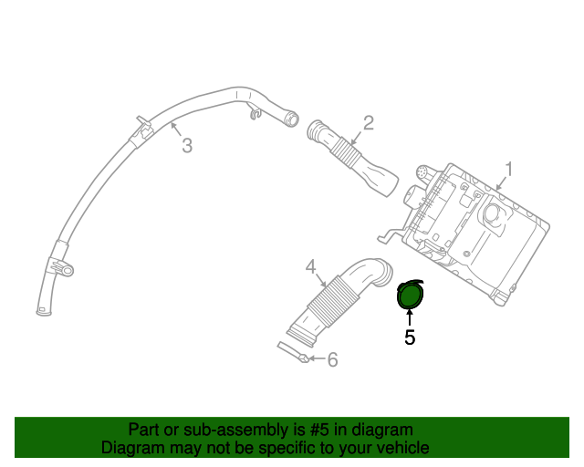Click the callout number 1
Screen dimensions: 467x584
coord(509,169)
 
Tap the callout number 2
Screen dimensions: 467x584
coord(369,122)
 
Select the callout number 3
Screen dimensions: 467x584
coord(187,145)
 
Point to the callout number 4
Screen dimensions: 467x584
coord(310,266)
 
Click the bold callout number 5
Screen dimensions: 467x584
coord(410,337)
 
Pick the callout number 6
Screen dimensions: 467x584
coord(332,360)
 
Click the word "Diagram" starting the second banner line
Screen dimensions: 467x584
coord(131,448)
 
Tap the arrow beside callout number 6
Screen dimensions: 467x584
coord(312,359)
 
